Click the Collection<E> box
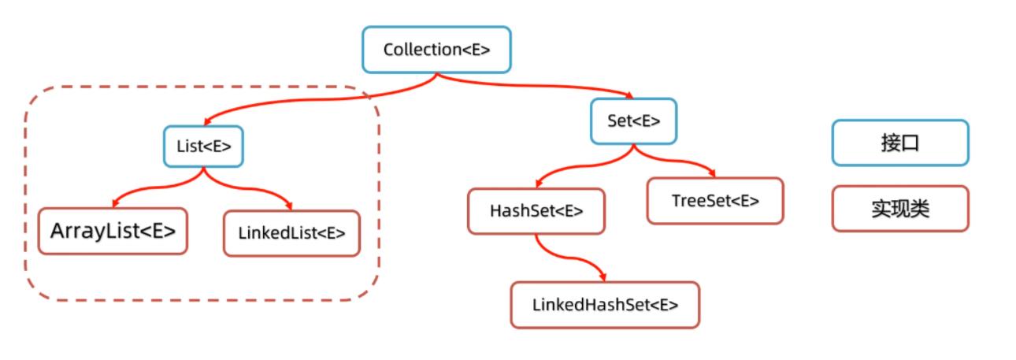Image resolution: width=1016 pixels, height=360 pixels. [x=436, y=50]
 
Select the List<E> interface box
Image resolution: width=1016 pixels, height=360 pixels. [x=203, y=146]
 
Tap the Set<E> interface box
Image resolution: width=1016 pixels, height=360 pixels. [x=633, y=121]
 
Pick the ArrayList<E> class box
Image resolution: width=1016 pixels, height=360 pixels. [x=113, y=231]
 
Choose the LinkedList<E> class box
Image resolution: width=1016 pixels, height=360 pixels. [x=291, y=233]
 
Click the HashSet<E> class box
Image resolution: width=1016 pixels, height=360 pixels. [x=536, y=211]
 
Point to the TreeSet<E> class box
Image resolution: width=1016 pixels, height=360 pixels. [x=715, y=201]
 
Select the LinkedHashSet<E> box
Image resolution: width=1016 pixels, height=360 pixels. [x=605, y=305]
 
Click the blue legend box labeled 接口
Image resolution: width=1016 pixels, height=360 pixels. [x=900, y=143]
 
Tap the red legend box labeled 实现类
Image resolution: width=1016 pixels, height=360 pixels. [x=900, y=209]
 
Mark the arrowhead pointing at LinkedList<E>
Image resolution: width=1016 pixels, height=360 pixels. [x=292, y=206]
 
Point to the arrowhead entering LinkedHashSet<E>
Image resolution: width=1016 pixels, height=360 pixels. [x=603, y=276]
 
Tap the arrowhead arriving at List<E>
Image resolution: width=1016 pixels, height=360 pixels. [x=206, y=122]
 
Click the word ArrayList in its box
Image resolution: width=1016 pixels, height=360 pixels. [x=89, y=231]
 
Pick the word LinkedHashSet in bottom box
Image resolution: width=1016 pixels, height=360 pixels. [x=590, y=305]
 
